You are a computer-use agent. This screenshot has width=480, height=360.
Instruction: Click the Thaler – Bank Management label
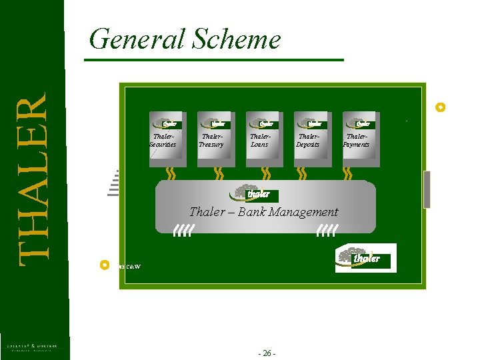(264, 212)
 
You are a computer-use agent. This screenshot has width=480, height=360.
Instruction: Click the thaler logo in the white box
(366, 258)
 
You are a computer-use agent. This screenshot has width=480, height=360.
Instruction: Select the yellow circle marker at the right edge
(439, 107)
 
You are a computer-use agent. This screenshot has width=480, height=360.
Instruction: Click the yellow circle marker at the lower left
(103, 265)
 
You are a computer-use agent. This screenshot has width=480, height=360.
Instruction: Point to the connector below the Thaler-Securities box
(170, 173)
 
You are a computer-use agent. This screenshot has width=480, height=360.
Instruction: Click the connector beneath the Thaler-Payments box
(347, 173)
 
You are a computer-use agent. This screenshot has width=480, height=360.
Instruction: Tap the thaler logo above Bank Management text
(254, 193)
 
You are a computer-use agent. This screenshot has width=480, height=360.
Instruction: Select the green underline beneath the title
(213, 60)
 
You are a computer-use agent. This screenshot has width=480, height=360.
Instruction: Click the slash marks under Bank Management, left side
(183, 231)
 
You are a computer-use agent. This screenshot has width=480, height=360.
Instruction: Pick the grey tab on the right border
(427, 189)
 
